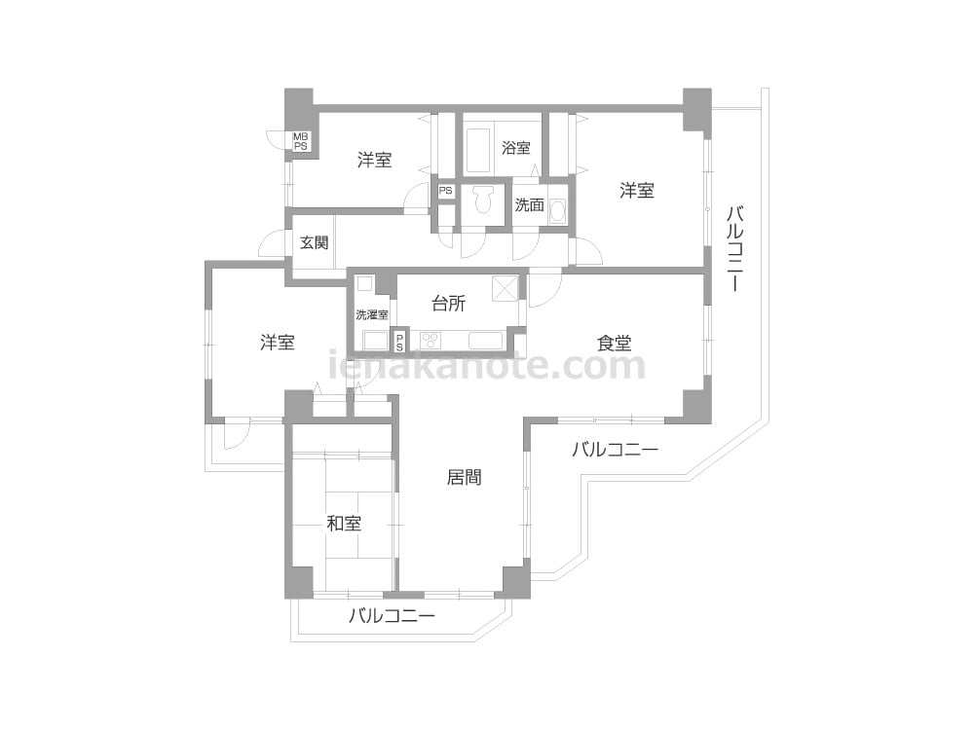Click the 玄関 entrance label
coord(314,242)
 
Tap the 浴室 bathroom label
coord(515,148)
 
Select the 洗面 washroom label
coord(529,204)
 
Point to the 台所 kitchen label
coord(448,304)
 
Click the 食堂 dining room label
coord(615,343)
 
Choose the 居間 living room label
coord(464,477)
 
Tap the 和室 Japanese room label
coord(344,524)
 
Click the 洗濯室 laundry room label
coord(372,314)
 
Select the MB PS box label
coord(301,141)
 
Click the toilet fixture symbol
coord(482,200)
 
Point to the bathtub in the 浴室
coord(478,151)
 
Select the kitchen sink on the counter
coord(486,341)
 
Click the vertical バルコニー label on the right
coord(734,248)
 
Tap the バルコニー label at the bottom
coord(392,616)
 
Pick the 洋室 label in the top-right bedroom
coord(637,191)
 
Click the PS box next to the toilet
coord(445,191)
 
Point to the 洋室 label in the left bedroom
coord(277,342)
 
